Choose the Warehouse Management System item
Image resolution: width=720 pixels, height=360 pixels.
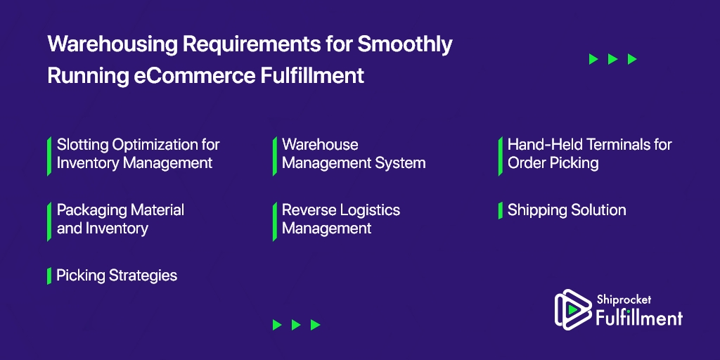click(354, 154)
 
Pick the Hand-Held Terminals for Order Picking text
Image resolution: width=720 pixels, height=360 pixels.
click(590, 154)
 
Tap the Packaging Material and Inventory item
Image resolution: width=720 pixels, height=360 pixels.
click(120, 219)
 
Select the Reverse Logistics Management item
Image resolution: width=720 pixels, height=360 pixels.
click(341, 219)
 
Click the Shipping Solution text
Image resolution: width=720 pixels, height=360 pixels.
click(567, 210)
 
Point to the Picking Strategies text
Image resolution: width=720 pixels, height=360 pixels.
click(117, 276)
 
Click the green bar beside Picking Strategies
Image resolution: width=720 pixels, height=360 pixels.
click(49, 276)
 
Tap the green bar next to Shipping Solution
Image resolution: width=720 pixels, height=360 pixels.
click(501, 211)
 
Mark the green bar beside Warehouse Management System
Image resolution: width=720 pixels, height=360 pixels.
click(275, 156)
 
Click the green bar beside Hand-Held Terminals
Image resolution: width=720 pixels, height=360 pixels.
click(501, 156)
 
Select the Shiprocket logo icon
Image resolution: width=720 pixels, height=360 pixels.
click(572, 309)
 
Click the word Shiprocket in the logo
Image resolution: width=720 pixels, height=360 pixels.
click(624, 300)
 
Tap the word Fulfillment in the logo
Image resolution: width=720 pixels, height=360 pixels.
click(639, 317)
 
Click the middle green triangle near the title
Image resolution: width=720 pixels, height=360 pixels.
click(612, 59)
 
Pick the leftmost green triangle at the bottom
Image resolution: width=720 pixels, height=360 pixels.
click(277, 325)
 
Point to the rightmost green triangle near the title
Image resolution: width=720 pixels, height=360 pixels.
click(632, 59)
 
